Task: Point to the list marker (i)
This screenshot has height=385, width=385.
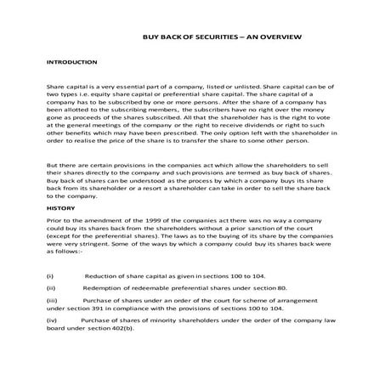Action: pyautogui.click(x=50, y=276)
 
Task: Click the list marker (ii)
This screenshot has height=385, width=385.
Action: pyautogui.click(x=51, y=288)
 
